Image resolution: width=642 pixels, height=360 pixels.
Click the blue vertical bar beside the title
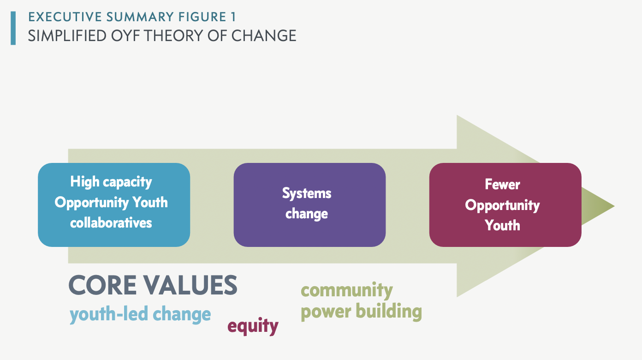13,28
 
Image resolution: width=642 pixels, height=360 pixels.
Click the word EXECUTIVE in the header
65,17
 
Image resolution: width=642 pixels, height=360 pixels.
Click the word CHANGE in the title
264,36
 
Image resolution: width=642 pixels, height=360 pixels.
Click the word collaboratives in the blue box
111,223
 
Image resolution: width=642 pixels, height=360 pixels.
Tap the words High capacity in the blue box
111,182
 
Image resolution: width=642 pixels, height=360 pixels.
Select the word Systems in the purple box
307,193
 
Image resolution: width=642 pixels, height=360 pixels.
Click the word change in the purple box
307,214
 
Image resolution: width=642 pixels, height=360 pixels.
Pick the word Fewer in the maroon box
502,184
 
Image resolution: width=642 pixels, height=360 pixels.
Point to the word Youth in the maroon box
502,225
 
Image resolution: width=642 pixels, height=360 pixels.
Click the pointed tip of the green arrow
614,206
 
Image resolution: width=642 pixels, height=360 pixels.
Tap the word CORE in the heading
102,285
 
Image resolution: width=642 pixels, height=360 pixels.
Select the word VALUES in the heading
190,285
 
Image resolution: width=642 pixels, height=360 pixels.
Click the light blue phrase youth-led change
140,314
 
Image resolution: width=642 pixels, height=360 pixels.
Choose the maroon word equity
253,326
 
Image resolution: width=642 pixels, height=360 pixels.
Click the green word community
347,290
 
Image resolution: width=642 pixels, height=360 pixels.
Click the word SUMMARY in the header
140,17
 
